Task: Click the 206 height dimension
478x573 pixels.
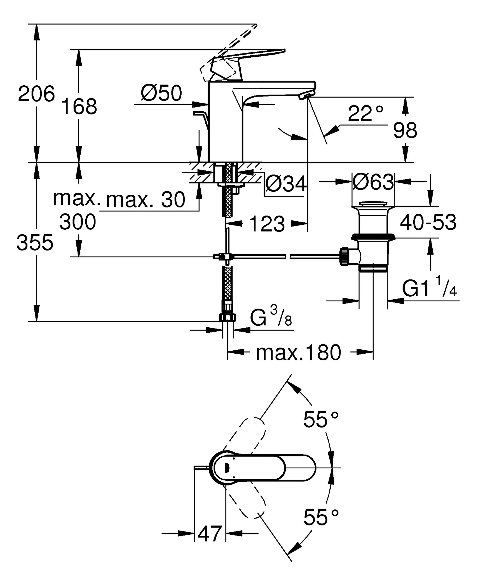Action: click(x=36, y=94)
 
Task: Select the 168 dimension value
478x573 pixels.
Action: click(x=79, y=107)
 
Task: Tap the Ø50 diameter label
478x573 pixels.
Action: click(x=161, y=93)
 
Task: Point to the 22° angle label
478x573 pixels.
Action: click(x=365, y=114)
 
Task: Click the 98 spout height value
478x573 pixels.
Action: click(x=405, y=130)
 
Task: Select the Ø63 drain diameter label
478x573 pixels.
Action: click(x=373, y=182)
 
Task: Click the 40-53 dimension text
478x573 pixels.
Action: click(x=428, y=222)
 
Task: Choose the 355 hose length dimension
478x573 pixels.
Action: click(x=35, y=243)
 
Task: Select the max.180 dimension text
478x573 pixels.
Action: click(x=298, y=353)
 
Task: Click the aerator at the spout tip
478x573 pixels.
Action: click(x=306, y=96)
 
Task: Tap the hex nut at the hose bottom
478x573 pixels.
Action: click(x=227, y=318)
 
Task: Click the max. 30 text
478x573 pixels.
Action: click(x=146, y=200)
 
